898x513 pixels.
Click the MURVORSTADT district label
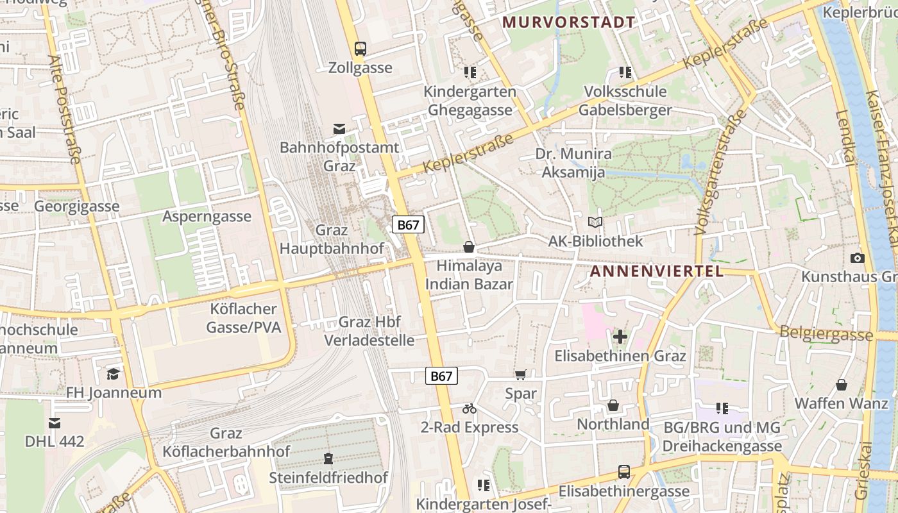pyautogui.click(x=568, y=22)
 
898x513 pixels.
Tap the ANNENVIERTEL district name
pyautogui.click(x=656, y=271)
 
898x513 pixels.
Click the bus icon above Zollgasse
pyautogui.click(x=360, y=48)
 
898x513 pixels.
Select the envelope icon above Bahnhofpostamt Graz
pyautogui.click(x=339, y=129)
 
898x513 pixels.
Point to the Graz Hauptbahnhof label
pyautogui.click(x=332, y=239)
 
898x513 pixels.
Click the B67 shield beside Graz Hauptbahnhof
pyautogui.click(x=408, y=224)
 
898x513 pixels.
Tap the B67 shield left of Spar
pyautogui.click(x=441, y=376)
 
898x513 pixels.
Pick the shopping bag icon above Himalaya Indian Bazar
pyautogui.click(x=469, y=247)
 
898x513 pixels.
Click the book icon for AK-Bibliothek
pyautogui.click(x=595, y=223)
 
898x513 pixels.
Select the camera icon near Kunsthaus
pyautogui.click(x=857, y=258)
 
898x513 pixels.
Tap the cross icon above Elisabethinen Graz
pyautogui.click(x=620, y=336)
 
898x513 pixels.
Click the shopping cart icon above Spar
pyautogui.click(x=520, y=374)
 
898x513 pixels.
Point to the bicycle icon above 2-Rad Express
pyautogui.click(x=469, y=408)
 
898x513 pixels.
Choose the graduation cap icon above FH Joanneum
pyautogui.click(x=114, y=373)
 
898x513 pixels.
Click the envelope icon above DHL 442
pyautogui.click(x=55, y=423)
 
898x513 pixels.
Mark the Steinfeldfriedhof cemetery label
pyautogui.click(x=328, y=478)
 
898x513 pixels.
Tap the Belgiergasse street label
pyautogui.click(x=826, y=333)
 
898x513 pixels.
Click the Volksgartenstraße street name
pyautogui.click(x=722, y=171)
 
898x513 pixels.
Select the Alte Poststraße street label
pyautogui.click(x=67, y=110)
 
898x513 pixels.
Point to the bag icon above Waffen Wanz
pyautogui.click(x=842, y=385)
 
